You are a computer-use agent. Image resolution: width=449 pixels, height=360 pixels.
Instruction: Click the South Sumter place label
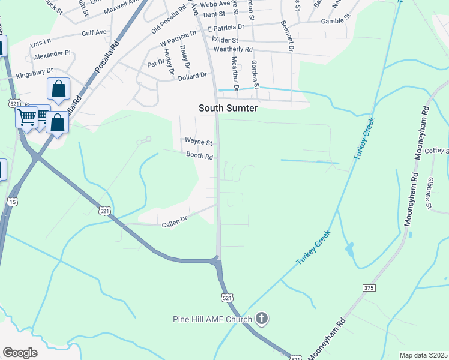point(228,108)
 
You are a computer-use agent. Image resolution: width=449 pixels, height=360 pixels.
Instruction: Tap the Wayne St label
point(199,142)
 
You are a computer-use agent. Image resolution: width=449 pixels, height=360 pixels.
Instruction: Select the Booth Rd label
point(200,156)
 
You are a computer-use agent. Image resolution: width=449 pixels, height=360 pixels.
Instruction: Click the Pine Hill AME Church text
point(213,319)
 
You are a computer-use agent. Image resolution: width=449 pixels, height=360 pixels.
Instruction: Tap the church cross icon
point(261,319)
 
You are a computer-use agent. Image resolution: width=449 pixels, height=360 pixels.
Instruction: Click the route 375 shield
point(369,289)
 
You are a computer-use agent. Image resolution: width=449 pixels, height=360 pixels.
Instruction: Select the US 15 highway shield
point(13,202)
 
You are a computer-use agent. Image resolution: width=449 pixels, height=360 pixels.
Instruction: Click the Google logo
point(20,353)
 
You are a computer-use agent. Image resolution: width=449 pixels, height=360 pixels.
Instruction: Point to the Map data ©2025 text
point(423,355)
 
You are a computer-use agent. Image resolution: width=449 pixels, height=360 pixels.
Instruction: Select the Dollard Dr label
point(192,76)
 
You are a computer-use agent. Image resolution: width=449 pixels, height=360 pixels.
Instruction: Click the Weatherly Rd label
point(233,49)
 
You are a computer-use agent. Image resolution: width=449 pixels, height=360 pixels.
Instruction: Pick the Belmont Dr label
point(288,34)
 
